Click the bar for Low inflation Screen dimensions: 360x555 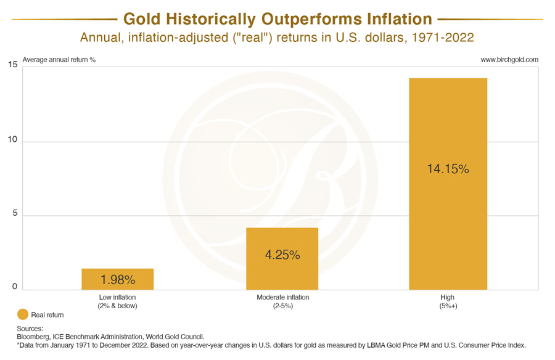tap(117, 279)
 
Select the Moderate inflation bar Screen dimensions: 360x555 tap(282, 259)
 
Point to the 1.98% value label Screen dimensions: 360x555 tap(117, 280)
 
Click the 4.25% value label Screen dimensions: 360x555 tap(282, 254)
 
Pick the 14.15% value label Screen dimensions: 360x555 tap(448, 168)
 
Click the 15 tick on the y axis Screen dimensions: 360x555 tap(12, 65)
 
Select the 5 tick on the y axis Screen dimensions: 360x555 tap(14, 215)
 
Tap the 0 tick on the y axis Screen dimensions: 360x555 tap(14, 287)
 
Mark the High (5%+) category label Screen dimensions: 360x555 tap(448, 301)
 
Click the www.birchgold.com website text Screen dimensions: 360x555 tap(509, 60)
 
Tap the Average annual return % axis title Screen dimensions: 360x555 tap(59, 60)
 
